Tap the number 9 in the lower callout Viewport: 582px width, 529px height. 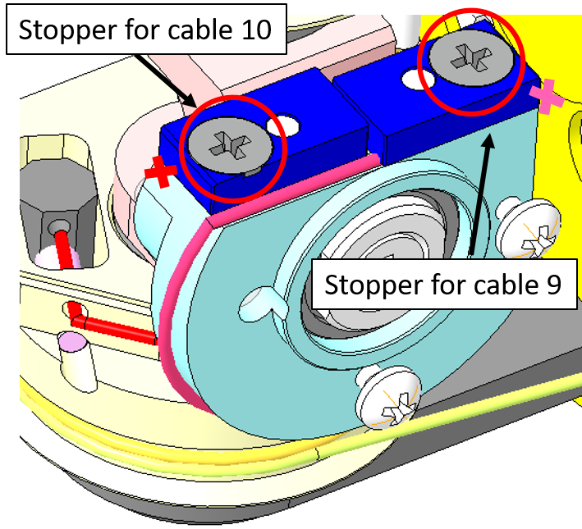click(x=550, y=285)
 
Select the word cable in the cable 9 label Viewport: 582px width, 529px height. click(x=489, y=285)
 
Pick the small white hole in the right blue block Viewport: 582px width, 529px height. click(x=409, y=79)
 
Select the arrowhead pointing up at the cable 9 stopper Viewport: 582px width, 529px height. click(x=489, y=143)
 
